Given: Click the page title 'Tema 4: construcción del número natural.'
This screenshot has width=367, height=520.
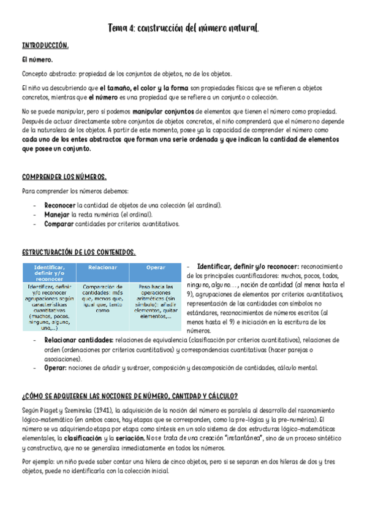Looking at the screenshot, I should pyautogui.click(x=183, y=29).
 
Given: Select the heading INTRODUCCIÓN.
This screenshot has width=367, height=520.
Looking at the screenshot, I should pyautogui.click(x=45, y=46).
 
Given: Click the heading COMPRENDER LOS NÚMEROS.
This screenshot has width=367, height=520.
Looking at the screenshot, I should pyautogui.click(x=64, y=177).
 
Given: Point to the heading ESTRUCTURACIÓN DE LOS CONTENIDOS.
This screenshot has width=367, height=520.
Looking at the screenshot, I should pyautogui.click(x=78, y=252).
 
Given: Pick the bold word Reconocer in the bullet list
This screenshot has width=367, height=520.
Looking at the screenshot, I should pyautogui.click(x=60, y=205).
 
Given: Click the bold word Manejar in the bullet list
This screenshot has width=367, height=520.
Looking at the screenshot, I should pyautogui.click(x=57, y=215).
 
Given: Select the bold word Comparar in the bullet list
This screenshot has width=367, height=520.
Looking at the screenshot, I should pyautogui.click(x=59, y=224).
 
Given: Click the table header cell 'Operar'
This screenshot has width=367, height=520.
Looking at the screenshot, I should pyautogui.click(x=156, y=267).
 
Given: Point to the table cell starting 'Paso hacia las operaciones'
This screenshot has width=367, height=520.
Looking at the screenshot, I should pyautogui.click(x=156, y=301).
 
